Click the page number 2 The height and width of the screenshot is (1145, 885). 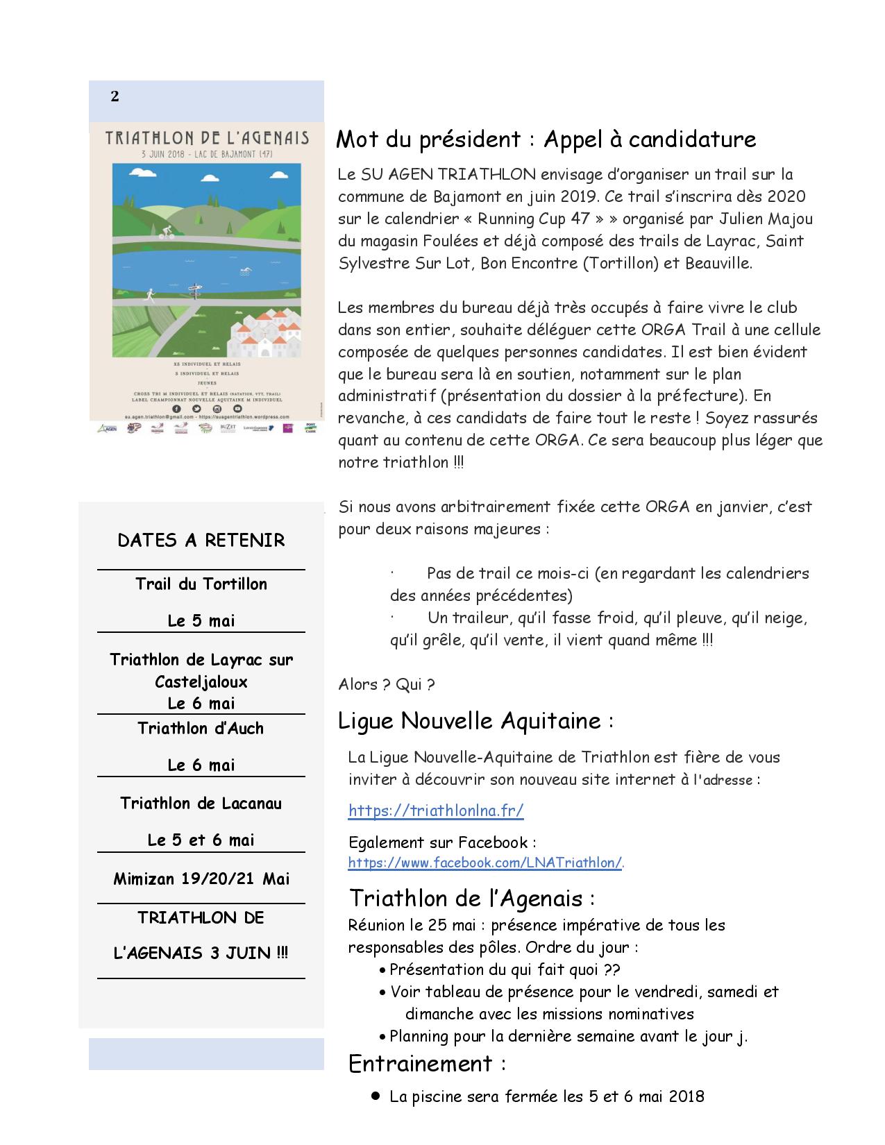point(115,96)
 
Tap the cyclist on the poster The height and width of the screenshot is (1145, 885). point(166,232)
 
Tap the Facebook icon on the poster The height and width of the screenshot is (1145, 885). point(175,409)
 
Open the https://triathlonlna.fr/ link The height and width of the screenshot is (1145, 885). point(435,810)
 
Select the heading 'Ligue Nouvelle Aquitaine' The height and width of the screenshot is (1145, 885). point(469,721)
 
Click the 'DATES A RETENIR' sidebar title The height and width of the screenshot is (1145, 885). point(201,541)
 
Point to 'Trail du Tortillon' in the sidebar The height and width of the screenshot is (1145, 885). point(201,584)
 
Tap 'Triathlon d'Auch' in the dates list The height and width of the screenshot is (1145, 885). point(201,728)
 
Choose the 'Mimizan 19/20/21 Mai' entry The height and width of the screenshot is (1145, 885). point(201,879)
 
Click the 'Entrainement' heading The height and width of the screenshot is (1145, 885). point(421,1063)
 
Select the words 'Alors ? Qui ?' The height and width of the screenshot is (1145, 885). point(387,684)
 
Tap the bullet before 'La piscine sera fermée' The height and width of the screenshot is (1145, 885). point(376,1096)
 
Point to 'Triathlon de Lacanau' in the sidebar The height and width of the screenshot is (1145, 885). point(201,803)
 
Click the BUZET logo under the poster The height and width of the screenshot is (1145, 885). point(227,428)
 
